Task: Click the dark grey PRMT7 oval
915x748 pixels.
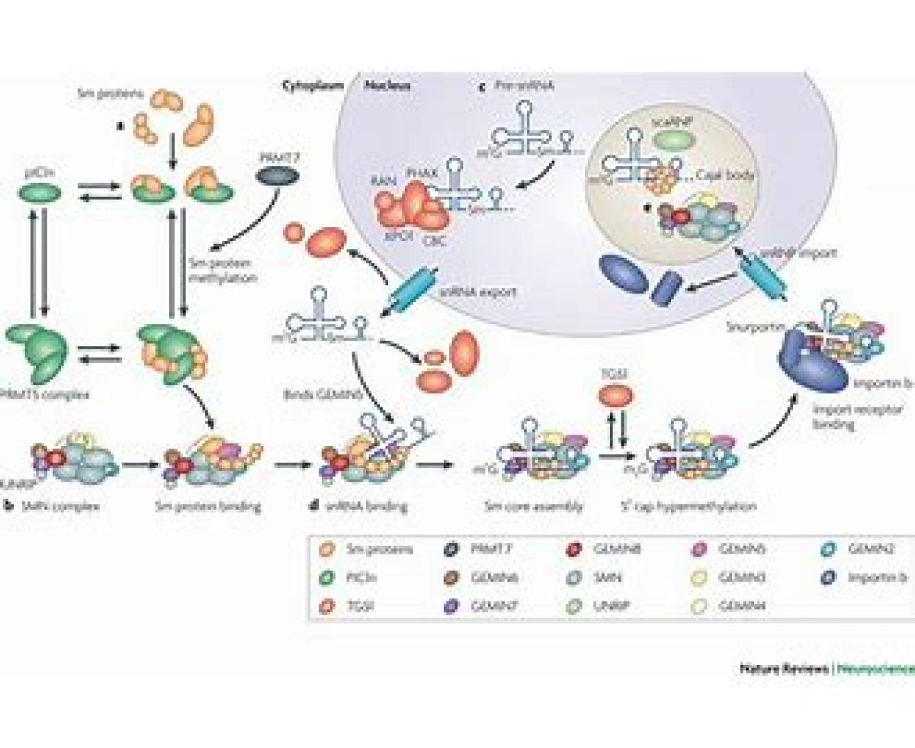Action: (278, 176)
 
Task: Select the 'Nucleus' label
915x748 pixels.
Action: (387, 85)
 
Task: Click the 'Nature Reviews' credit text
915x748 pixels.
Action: (785, 669)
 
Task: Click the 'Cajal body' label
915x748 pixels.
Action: (724, 174)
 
